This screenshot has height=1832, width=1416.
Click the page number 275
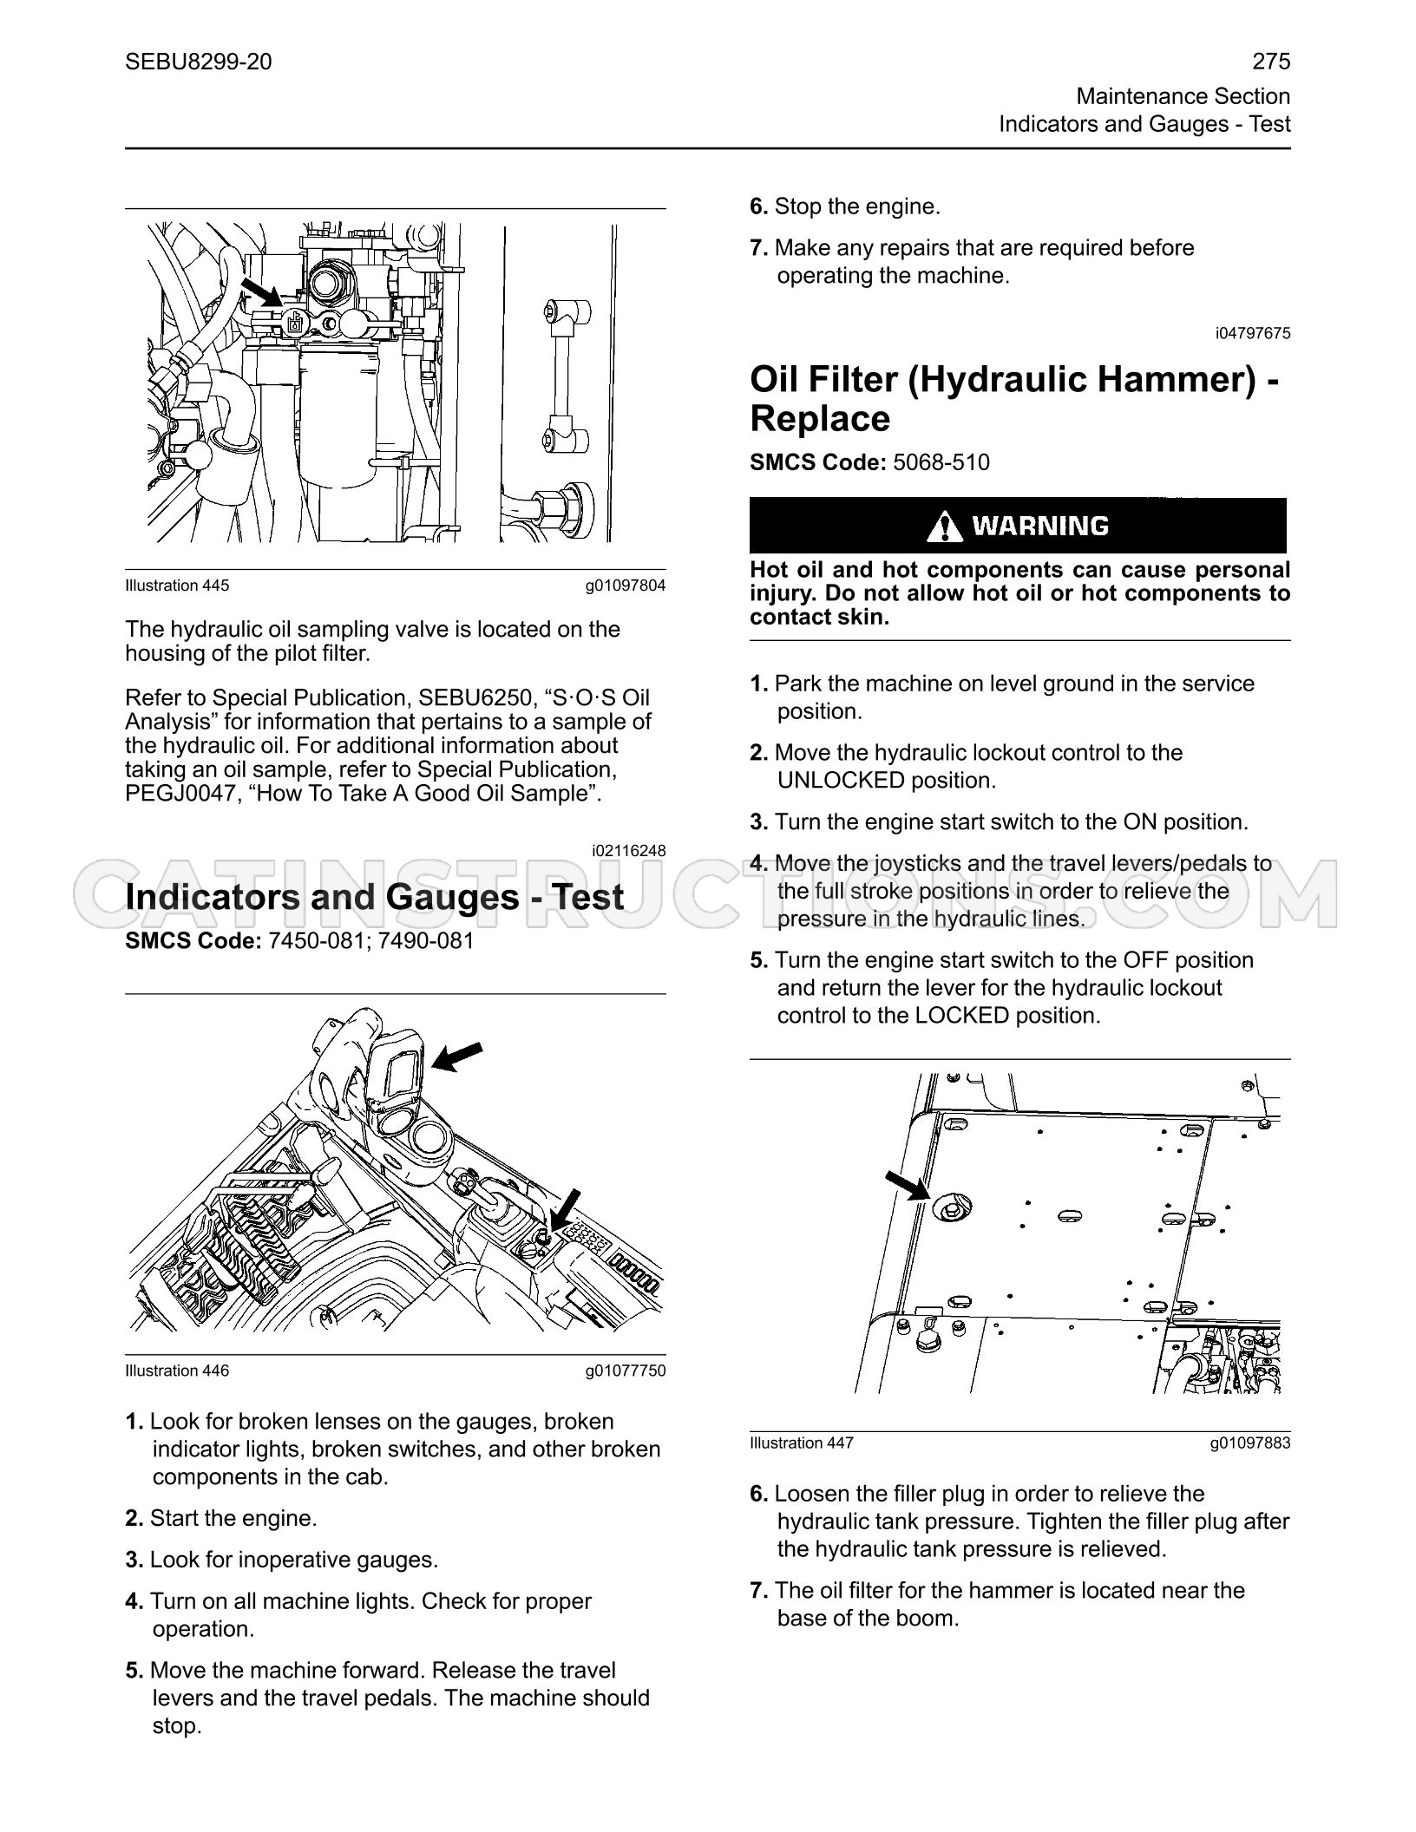(x=1271, y=61)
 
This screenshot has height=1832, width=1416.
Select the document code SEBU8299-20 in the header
(x=198, y=62)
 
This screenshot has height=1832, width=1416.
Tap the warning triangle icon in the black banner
(x=944, y=526)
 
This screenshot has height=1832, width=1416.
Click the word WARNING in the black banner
(x=1040, y=526)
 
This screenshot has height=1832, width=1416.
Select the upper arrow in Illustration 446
(x=456, y=1057)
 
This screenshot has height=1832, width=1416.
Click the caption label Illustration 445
(x=177, y=586)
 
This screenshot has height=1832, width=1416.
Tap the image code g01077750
(x=626, y=1371)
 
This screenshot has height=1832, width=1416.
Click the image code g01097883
(x=1250, y=1443)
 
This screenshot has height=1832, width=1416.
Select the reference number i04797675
(x=1253, y=333)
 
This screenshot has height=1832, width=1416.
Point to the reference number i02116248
(x=628, y=850)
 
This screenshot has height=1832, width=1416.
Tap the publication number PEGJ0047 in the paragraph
(x=178, y=794)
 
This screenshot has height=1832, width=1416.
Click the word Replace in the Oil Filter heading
(x=820, y=419)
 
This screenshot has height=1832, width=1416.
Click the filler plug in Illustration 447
(x=951, y=1206)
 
